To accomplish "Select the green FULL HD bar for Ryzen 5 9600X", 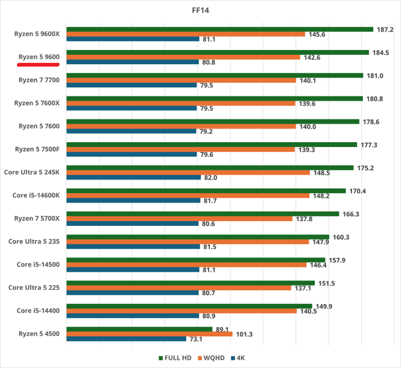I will click(219, 29).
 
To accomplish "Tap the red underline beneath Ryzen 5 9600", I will click(38, 65).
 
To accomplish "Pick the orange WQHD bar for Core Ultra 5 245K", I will click(188, 172).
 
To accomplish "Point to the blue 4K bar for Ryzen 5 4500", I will click(126, 339).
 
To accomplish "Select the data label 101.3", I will click(243, 334).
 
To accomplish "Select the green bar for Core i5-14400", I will click(189, 306).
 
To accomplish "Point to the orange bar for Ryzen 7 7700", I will click(181, 80).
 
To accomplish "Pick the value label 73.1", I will click(196, 339).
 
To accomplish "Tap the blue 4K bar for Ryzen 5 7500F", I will click(132, 155).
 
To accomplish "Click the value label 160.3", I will click(341, 237).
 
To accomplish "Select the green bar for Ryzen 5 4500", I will click(139, 329).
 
